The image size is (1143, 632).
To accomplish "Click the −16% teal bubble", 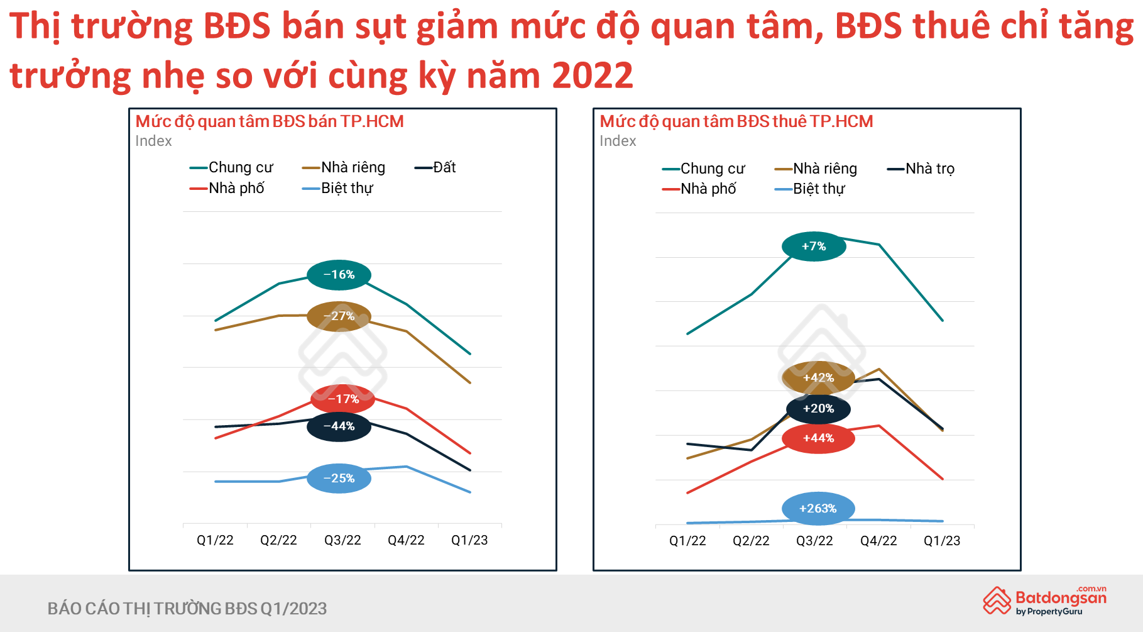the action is [x=339, y=275].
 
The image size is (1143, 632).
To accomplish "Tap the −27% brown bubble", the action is [x=339, y=316].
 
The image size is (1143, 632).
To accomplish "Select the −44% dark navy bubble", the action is [x=339, y=426].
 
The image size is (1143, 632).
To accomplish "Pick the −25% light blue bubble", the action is [x=339, y=479].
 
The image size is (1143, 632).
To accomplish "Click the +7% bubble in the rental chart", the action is [x=814, y=247].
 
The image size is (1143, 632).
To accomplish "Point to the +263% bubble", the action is [x=818, y=509].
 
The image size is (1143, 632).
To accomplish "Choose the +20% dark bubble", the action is [x=818, y=409].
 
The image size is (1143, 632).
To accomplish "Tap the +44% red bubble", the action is [x=818, y=438].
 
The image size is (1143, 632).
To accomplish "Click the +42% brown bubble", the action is [x=818, y=378].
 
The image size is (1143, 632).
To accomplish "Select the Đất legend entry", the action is [x=435, y=167].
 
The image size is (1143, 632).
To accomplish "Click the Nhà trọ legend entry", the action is [x=921, y=169].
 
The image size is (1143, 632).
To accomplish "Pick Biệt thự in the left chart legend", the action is [x=337, y=188].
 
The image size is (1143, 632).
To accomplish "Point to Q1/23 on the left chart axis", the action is [x=469, y=540].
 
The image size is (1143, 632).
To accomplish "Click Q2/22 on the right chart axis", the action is [x=751, y=541].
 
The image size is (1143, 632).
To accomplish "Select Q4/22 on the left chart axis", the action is [x=406, y=540].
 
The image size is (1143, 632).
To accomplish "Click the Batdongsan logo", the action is [x=1045, y=601].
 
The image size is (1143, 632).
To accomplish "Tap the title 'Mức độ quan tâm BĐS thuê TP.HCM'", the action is [x=736, y=121].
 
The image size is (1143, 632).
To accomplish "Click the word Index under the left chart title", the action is [x=153, y=141].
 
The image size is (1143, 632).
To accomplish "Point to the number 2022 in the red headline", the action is [x=593, y=75].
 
